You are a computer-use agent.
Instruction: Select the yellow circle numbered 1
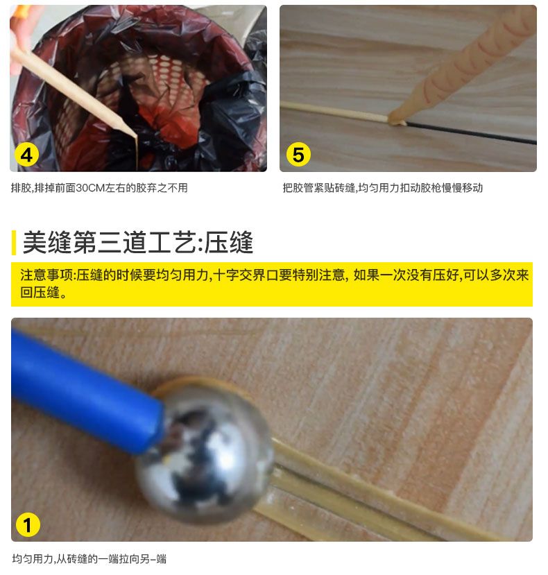point(28,525)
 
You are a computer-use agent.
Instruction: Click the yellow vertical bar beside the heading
point(13,242)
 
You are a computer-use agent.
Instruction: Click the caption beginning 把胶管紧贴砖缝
point(382,188)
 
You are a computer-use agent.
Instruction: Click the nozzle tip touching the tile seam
point(397,121)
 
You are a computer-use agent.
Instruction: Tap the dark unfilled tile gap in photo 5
point(472,133)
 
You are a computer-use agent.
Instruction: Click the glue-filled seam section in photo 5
point(333,111)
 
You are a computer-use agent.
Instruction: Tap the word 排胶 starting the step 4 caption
point(21,188)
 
